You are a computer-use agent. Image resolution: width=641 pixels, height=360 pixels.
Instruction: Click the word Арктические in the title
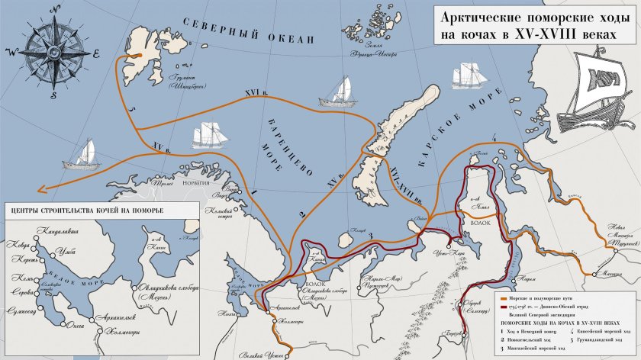(482, 18)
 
